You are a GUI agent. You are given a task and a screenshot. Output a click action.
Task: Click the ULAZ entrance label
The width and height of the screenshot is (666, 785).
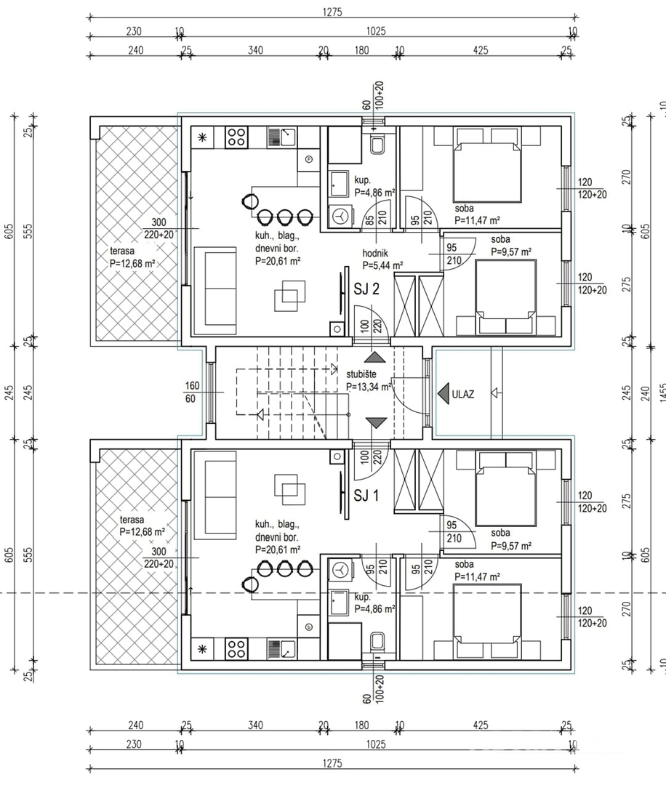pos(462,394)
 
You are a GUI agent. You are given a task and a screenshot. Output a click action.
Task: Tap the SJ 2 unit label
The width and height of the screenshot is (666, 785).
pos(366,289)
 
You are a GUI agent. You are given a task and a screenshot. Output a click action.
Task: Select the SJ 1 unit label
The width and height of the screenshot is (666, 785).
pos(366,496)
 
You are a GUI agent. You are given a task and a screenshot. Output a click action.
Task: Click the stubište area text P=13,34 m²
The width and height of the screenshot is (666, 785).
pos(369,387)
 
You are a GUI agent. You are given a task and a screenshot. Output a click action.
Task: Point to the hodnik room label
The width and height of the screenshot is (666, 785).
pos(375,254)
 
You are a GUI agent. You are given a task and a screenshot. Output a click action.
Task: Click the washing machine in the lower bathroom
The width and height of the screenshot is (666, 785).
pos(340,569)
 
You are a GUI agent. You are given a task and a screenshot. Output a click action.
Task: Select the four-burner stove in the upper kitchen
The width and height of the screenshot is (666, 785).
pos(236,137)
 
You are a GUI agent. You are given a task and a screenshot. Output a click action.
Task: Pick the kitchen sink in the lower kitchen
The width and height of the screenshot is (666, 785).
pos(281,649)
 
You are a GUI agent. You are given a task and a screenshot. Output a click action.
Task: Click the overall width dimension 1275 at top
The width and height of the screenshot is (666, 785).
pos(332,12)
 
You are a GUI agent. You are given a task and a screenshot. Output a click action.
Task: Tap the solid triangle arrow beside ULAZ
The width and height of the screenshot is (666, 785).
pos(444,394)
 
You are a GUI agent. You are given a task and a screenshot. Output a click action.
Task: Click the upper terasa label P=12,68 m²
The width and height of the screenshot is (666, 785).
pos(132,263)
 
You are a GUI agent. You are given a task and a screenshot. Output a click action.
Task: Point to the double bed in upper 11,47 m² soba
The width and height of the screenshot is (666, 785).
pos(486,165)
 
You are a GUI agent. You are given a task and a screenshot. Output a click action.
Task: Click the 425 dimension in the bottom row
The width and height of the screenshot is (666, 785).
pos(480,725)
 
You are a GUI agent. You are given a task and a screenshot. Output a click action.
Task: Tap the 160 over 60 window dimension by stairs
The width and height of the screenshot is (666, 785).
pos(192,392)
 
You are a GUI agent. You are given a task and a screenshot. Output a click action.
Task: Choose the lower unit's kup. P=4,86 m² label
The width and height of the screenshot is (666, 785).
pos(374,603)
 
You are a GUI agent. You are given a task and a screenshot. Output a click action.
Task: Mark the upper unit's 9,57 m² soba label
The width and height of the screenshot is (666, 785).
pos(510,246)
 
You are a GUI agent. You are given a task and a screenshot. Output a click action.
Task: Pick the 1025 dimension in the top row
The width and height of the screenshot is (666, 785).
pos(376,31)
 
